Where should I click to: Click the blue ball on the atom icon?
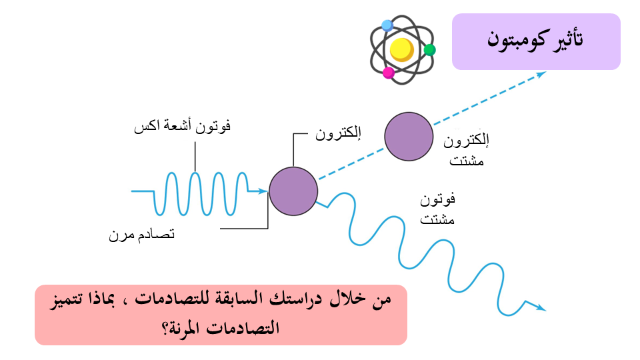tap(387, 25)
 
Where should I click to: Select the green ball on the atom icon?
tap(429, 50)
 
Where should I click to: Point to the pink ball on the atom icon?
tap(389, 72)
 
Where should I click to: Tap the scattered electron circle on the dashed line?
tap(409, 137)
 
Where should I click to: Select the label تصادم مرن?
tap(141, 235)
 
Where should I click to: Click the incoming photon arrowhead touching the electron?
tap(262, 191)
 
